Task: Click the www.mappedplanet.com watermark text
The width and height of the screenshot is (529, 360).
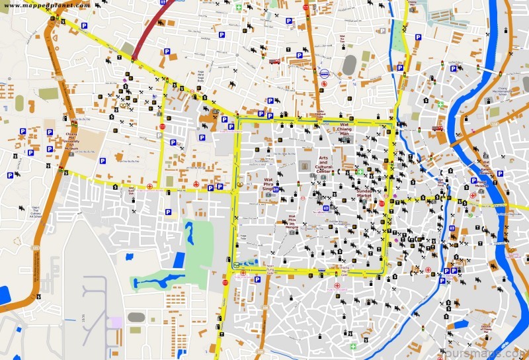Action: (x=46, y=5)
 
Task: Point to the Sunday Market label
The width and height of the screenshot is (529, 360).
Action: (x=364, y=193)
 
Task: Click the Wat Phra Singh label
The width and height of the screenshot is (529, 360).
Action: (x=268, y=184)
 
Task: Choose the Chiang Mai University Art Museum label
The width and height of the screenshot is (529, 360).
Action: (x=70, y=138)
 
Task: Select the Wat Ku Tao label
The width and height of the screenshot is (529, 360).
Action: (x=343, y=41)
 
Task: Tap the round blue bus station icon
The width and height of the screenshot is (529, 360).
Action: (x=324, y=74)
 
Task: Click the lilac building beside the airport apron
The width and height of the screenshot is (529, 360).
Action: (x=116, y=322)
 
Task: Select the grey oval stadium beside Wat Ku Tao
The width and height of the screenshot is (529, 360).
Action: (x=349, y=64)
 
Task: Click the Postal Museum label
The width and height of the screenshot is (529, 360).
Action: (x=481, y=183)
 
